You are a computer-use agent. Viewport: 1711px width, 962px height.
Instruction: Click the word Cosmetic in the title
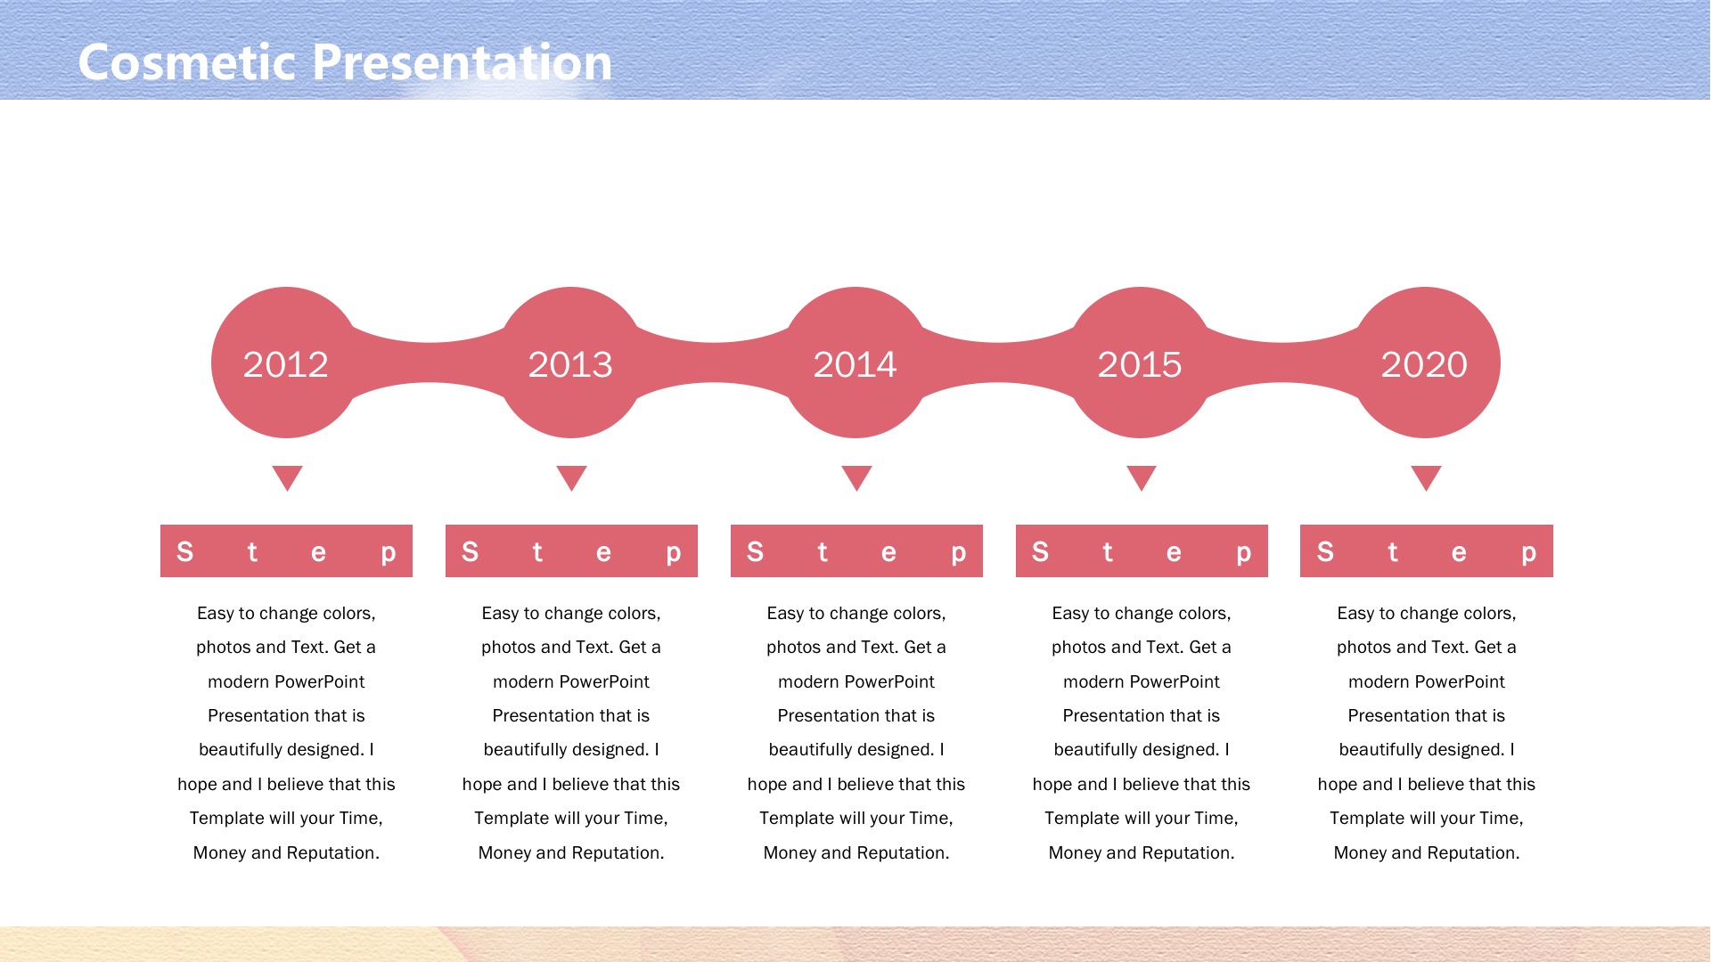pos(188,62)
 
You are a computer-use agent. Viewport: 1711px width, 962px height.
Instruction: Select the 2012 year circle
pos(286,363)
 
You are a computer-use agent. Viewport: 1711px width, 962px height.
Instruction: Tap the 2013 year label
pos(570,364)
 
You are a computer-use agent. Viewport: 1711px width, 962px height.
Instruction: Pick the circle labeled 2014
pos(855,363)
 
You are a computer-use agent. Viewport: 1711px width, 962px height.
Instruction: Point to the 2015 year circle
pos(1140,363)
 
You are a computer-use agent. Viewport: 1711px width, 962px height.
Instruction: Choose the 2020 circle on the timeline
pos(1425,363)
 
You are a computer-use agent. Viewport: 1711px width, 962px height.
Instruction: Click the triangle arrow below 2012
pos(287,477)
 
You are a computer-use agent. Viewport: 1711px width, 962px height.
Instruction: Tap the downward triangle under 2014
pos(856,477)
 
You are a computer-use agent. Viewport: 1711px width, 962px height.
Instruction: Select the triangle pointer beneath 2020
pos(1426,477)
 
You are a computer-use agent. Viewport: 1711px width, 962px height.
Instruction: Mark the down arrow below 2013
pos(571,477)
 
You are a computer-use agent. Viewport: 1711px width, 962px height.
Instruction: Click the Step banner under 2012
pos(286,550)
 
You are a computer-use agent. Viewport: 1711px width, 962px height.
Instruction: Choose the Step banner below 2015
pos(1142,550)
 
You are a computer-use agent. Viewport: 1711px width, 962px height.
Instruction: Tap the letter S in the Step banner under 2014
pos(755,552)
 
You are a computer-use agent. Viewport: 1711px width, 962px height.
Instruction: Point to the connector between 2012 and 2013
pos(429,363)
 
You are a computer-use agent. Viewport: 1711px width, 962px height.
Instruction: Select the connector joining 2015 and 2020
pos(1282,363)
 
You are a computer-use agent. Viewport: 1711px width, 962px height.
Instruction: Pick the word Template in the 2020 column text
pos(1367,819)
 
